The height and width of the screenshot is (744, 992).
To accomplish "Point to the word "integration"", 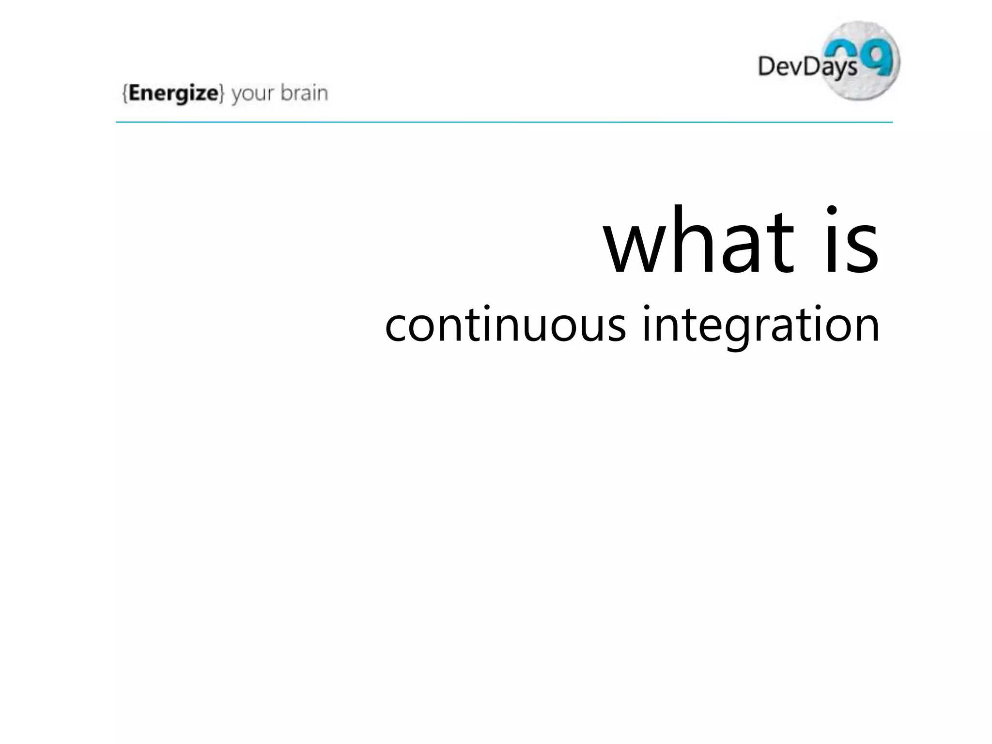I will click(760, 325).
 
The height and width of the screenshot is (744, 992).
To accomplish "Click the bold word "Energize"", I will click(173, 93).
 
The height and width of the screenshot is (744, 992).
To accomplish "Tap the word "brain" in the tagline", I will click(304, 93).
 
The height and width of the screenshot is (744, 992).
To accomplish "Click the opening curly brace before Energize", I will click(125, 93).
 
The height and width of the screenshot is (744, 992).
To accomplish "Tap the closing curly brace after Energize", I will click(221, 93).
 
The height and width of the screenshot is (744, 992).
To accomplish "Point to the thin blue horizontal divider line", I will click(504, 122).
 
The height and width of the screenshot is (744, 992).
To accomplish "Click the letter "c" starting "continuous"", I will click(396, 327).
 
